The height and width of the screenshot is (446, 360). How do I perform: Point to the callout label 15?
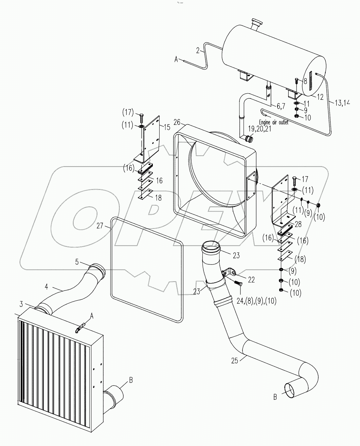pos(167,127)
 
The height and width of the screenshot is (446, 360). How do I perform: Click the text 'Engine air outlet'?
pos(273,122)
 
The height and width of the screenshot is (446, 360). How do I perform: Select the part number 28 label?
pos(298,224)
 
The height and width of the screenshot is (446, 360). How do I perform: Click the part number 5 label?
pos(77,262)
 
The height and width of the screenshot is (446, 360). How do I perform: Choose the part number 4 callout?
pos(46,287)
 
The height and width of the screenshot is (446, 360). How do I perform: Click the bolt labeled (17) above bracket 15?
pos(141,116)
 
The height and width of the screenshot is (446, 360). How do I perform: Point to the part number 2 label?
pos(197,51)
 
